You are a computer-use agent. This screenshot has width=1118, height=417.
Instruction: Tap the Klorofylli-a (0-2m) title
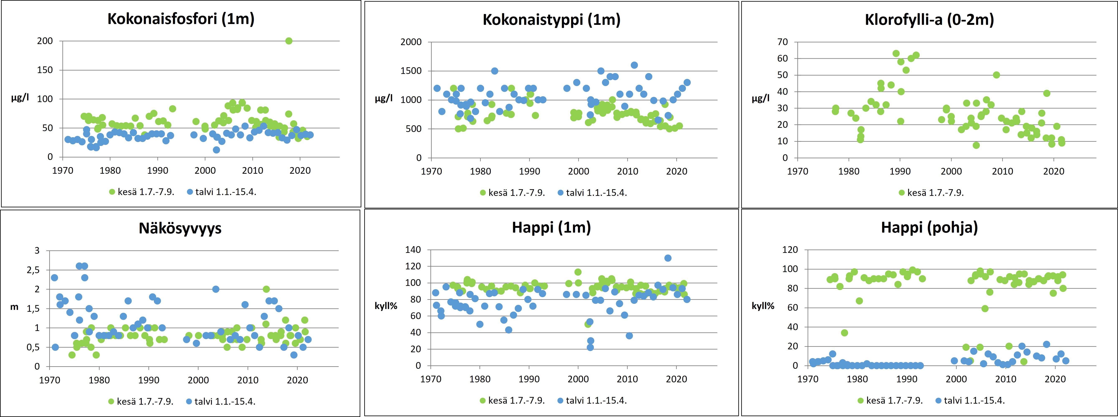[x=929, y=20]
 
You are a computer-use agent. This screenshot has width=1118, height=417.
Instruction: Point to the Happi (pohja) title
[x=929, y=228]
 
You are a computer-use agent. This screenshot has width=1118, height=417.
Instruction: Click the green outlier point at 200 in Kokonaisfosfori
[x=289, y=41]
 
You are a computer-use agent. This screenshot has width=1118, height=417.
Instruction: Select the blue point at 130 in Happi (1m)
[x=668, y=258]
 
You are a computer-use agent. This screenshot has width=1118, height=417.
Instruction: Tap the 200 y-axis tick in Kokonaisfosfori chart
[x=45, y=41]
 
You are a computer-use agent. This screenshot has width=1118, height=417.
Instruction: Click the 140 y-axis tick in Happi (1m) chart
[x=413, y=250]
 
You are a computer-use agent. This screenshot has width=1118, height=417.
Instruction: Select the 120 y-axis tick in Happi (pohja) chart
[x=790, y=250]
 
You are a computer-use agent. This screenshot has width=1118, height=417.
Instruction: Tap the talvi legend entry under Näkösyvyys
[x=221, y=401]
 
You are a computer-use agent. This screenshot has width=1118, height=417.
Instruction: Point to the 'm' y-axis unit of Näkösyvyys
[x=14, y=308]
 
